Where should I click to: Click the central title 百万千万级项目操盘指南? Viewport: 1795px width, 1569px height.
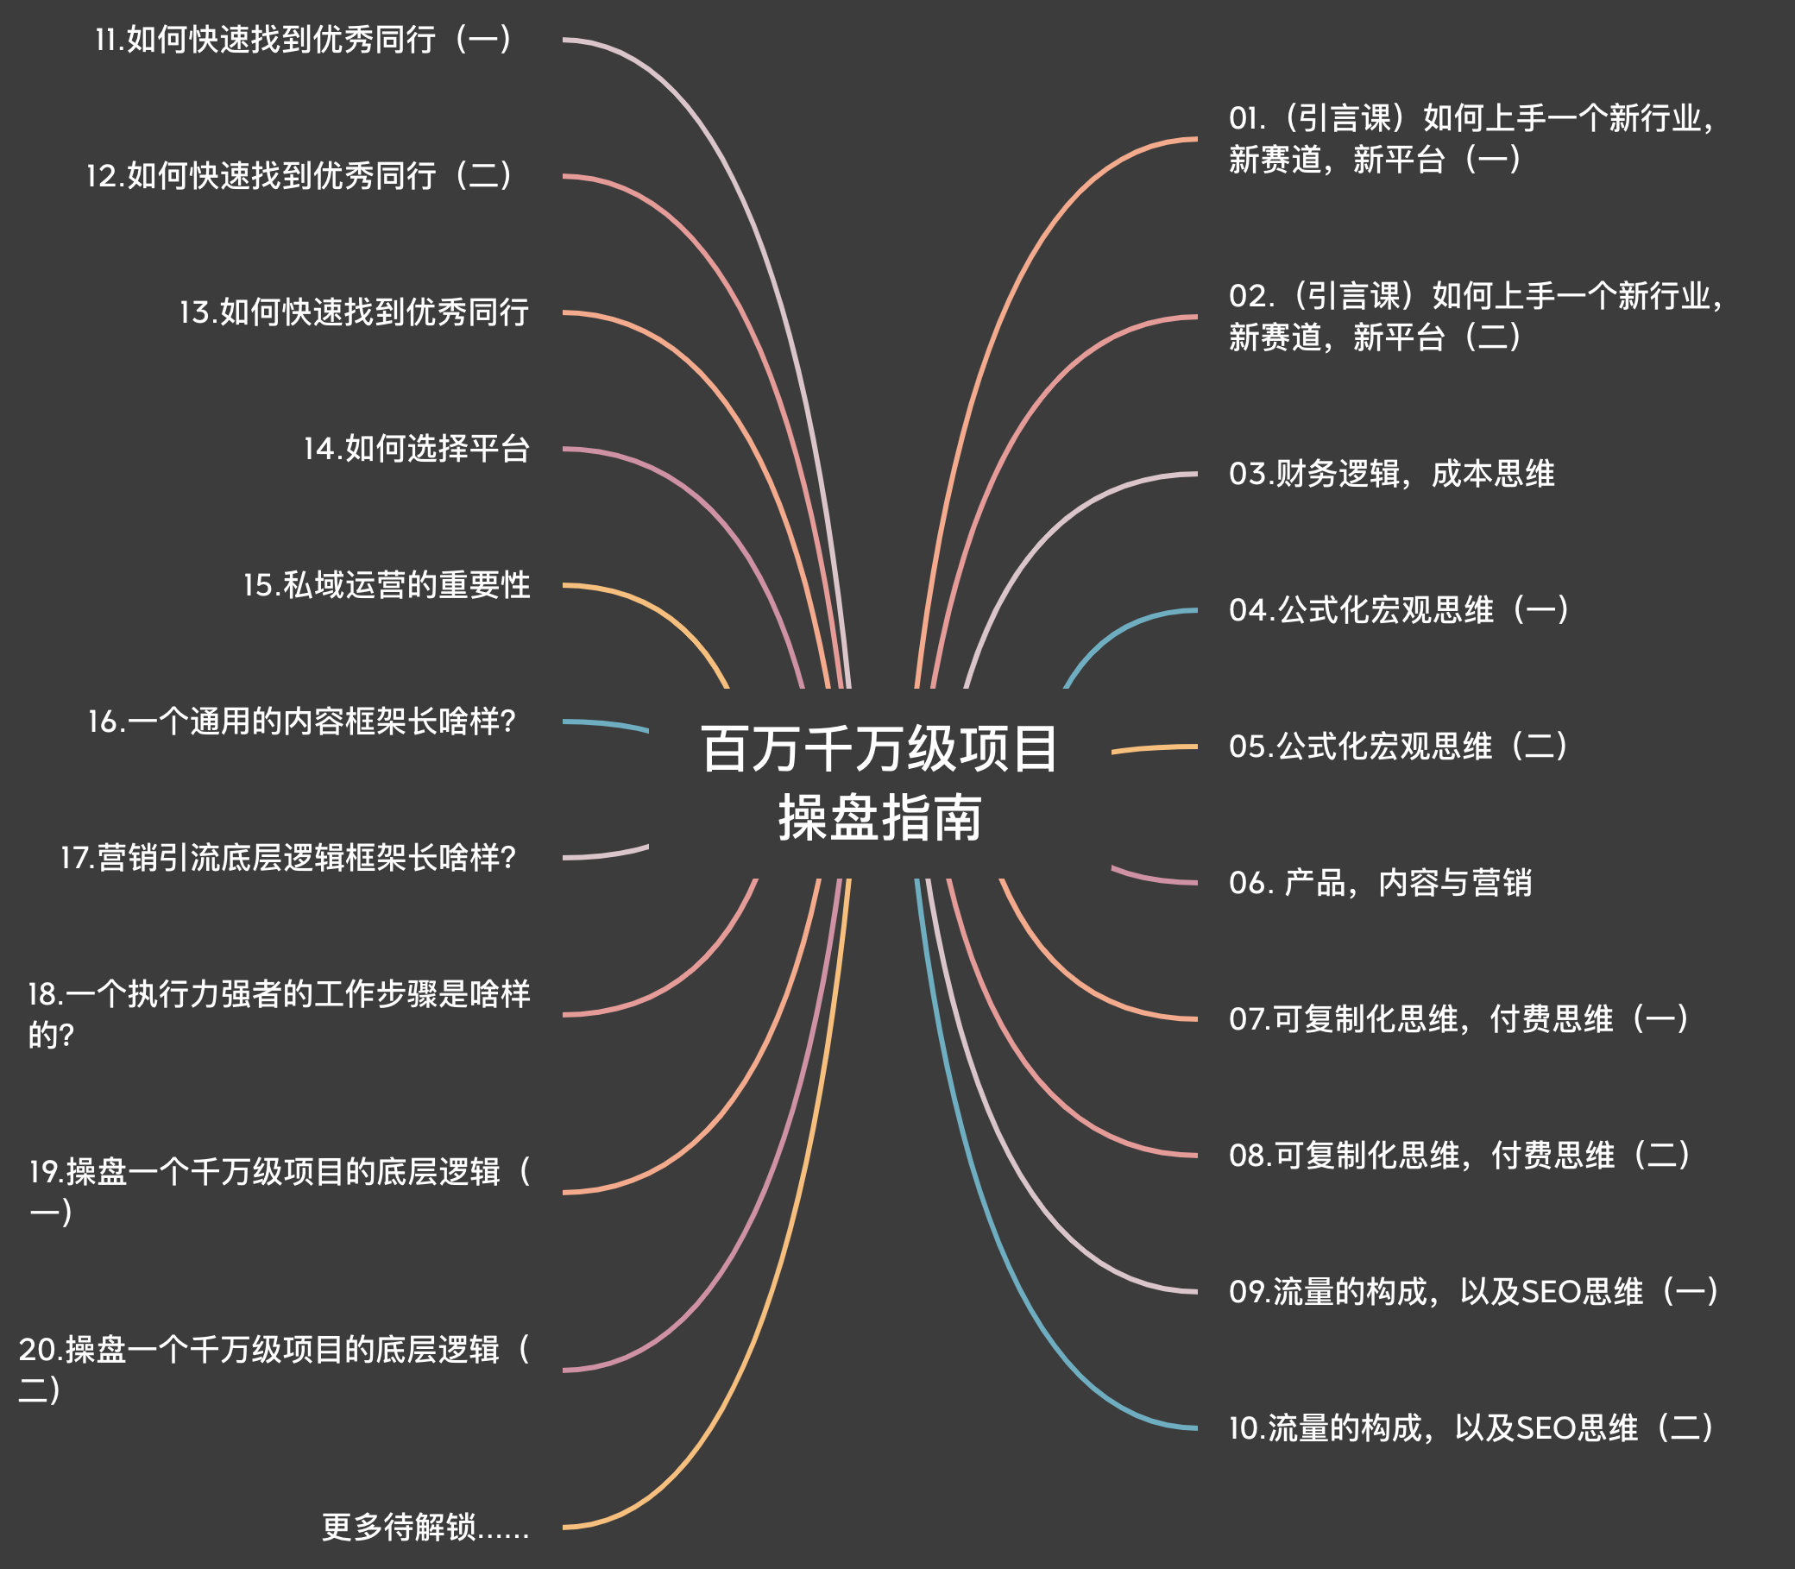pos(879,783)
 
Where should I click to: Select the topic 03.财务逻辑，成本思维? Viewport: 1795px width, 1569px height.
pos(1391,474)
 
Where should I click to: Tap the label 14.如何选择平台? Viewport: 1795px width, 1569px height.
pos(417,448)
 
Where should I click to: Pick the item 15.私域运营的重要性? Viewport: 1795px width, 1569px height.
pos(386,585)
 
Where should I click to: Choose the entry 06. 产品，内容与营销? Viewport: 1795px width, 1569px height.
pos(1380,883)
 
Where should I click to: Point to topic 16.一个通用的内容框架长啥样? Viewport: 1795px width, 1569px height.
pos(301,721)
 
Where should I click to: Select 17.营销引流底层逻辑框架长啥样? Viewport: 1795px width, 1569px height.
pos(288,857)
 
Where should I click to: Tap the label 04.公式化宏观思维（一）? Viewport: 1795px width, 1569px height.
pos(1398,610)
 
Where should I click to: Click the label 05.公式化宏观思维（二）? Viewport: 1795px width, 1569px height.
pos(1398,746)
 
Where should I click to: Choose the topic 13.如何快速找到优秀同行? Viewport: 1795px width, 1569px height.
pos(354,312)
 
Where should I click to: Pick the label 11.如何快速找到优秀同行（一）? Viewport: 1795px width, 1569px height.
pos(303,40)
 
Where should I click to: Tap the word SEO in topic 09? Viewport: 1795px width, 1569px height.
pos(1552,1291)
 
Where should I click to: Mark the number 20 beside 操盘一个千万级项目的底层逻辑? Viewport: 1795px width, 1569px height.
pos(39,1349)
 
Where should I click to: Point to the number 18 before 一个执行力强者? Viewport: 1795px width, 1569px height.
pos(44,993)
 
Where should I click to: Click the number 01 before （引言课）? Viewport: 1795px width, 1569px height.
pos(1244,118)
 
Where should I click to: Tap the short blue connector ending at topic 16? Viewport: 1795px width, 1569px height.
pos(604,724)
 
